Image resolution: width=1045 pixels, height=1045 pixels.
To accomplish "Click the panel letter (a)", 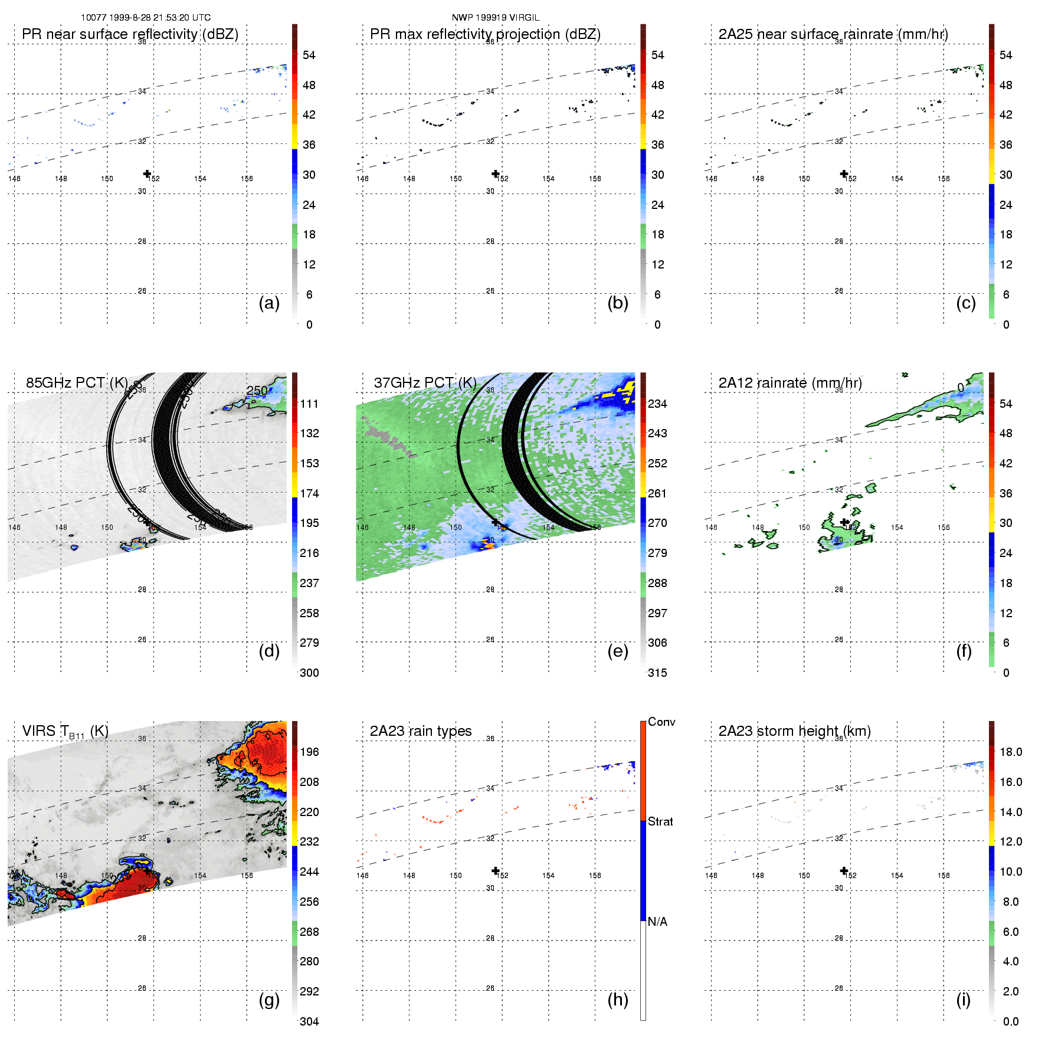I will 269,303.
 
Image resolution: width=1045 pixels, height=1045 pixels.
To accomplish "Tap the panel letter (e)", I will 618,651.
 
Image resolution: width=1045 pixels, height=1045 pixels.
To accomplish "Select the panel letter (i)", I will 963,1000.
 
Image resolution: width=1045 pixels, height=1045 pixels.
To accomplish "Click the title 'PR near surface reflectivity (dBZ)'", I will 130,34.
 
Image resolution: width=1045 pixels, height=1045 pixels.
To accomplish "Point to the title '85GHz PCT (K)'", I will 77,382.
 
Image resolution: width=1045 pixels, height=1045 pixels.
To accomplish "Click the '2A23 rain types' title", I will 421,731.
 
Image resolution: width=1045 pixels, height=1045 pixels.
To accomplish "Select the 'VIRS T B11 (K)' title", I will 65,731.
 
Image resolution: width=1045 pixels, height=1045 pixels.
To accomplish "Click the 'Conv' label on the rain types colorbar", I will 661,722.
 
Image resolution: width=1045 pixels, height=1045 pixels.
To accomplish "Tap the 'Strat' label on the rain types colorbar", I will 660,821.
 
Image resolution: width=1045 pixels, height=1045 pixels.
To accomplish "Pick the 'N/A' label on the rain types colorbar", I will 657,922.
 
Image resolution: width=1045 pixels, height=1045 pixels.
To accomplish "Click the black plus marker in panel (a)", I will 148,173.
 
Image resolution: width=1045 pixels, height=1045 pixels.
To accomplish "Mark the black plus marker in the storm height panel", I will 844,871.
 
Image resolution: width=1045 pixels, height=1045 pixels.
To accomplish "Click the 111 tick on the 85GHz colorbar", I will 309,404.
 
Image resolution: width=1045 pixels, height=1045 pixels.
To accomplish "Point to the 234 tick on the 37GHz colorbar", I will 657,404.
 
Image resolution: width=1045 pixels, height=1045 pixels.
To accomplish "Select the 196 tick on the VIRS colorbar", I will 309,752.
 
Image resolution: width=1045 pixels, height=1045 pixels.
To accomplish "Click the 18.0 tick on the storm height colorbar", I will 1011,752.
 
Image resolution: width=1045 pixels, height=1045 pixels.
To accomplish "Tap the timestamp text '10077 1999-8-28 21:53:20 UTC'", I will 146,18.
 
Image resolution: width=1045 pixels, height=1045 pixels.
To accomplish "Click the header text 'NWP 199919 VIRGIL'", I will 496,18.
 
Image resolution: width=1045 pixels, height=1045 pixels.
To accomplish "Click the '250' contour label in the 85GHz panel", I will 257,391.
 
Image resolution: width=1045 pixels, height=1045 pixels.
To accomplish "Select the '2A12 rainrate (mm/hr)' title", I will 790,383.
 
